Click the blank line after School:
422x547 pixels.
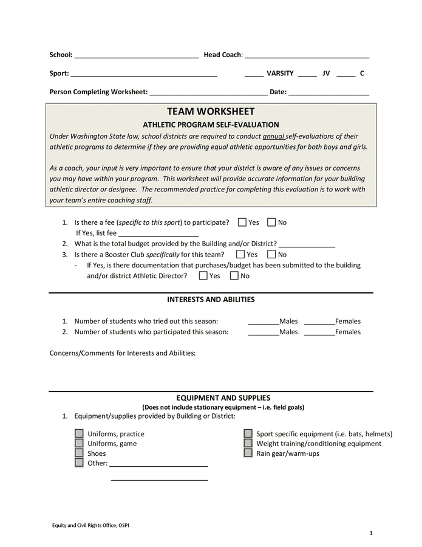point(136,56)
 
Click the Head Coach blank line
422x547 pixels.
point(307,56)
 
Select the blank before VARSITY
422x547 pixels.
point(254,75)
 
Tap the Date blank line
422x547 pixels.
point(328,93)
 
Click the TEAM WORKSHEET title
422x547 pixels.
point(211,112)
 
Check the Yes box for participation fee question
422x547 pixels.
point(242,222)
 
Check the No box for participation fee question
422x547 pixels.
point(271,222)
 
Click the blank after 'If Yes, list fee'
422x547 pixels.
point(158,233)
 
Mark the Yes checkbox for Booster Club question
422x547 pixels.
point(240,255)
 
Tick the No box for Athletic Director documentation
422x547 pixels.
point(234,276)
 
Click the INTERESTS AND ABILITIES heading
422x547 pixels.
point(211,300)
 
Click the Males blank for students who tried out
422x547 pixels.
point(264,322)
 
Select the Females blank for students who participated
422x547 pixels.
point(319,332)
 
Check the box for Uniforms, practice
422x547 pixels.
point(79,434)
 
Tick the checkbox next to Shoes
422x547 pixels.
point(79,453)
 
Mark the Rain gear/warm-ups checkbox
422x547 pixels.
point(248,453)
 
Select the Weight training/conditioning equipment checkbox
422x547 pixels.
point(248,444)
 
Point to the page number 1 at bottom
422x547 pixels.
point(370,533)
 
